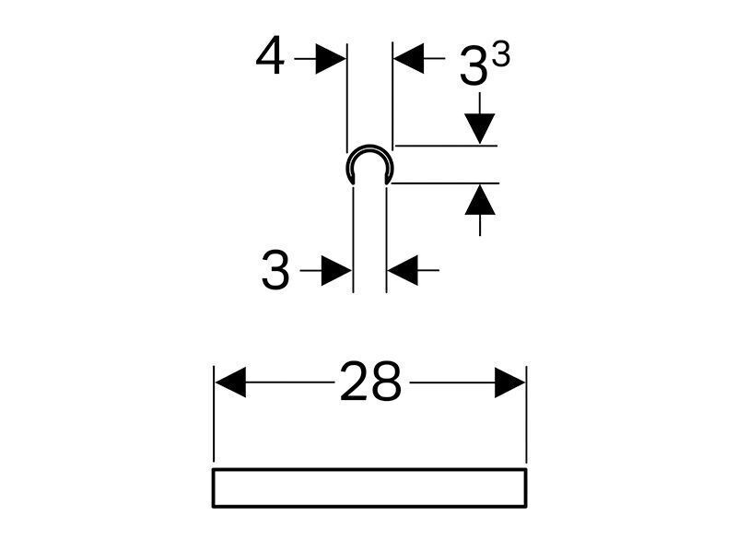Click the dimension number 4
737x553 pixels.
[x=270, y=55]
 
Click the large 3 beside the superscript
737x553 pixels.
[x=474, y=66]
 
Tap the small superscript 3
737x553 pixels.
[x=502, y=54]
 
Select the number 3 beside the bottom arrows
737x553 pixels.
[x=275, y=269]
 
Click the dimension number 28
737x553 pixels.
[x=370, y=382]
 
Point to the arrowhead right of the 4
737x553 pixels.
[x=331, y=59]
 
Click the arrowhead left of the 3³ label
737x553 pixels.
[x=408, y=58]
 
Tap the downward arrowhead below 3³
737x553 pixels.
[x=480, y=129]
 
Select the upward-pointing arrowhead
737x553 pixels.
[x=480, y=199]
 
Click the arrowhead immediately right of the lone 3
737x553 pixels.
[x=336, y=270]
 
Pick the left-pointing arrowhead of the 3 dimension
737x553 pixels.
[x=403, y=270]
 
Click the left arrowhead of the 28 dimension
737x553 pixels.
[x=230, y=382]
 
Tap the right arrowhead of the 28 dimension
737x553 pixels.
[x=510, y=382]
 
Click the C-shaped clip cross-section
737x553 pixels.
[x=370, y=147]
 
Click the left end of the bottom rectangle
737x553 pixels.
[x=213, y=488]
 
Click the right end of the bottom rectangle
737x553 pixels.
[x=526, y=488]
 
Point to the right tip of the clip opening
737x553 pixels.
[x=387, y=183]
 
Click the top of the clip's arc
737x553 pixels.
[x=370, y=146]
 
